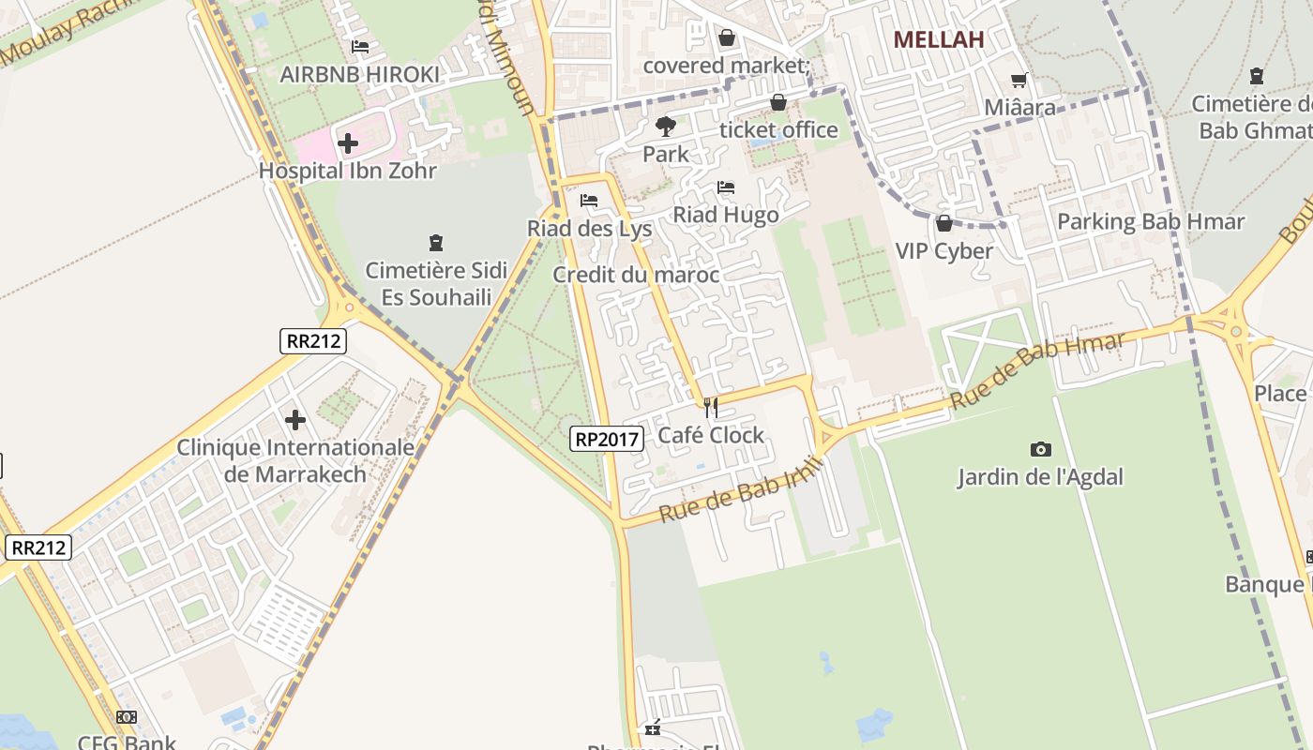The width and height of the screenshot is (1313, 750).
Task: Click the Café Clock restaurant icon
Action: tap(711, 408)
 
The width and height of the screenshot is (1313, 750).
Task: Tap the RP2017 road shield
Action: tap(606, 438)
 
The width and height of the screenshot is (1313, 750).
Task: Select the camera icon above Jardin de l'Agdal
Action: tap(1040, 449)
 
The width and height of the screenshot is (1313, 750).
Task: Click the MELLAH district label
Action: tap(939, 39)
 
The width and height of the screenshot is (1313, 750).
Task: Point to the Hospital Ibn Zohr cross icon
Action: tap(348, 143)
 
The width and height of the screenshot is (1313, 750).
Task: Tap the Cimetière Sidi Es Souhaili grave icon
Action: tap(435, 243)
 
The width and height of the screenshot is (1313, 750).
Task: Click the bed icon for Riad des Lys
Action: tap(589, 201)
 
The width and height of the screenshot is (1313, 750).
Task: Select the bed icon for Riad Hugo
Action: tap(726, 187)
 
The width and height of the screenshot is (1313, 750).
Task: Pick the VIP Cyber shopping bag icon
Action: tap(944, 223)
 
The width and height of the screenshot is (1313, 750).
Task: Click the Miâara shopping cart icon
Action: tap(1019, 81)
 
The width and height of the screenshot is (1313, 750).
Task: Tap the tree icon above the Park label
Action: tap(666, 126)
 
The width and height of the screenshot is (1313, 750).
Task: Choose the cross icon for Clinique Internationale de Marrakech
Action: tap(295, 419)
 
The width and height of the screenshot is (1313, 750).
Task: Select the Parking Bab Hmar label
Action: tap(1151, 222)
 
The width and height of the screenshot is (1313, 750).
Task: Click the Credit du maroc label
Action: tap(636, 275)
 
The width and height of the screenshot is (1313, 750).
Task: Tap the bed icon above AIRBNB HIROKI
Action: tap(360, 47)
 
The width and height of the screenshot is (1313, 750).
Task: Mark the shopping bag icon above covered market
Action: tap(726, 37)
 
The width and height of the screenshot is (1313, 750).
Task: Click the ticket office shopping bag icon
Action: tap(778, 102)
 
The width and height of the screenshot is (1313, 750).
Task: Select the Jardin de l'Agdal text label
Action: tap(1040, 477)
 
